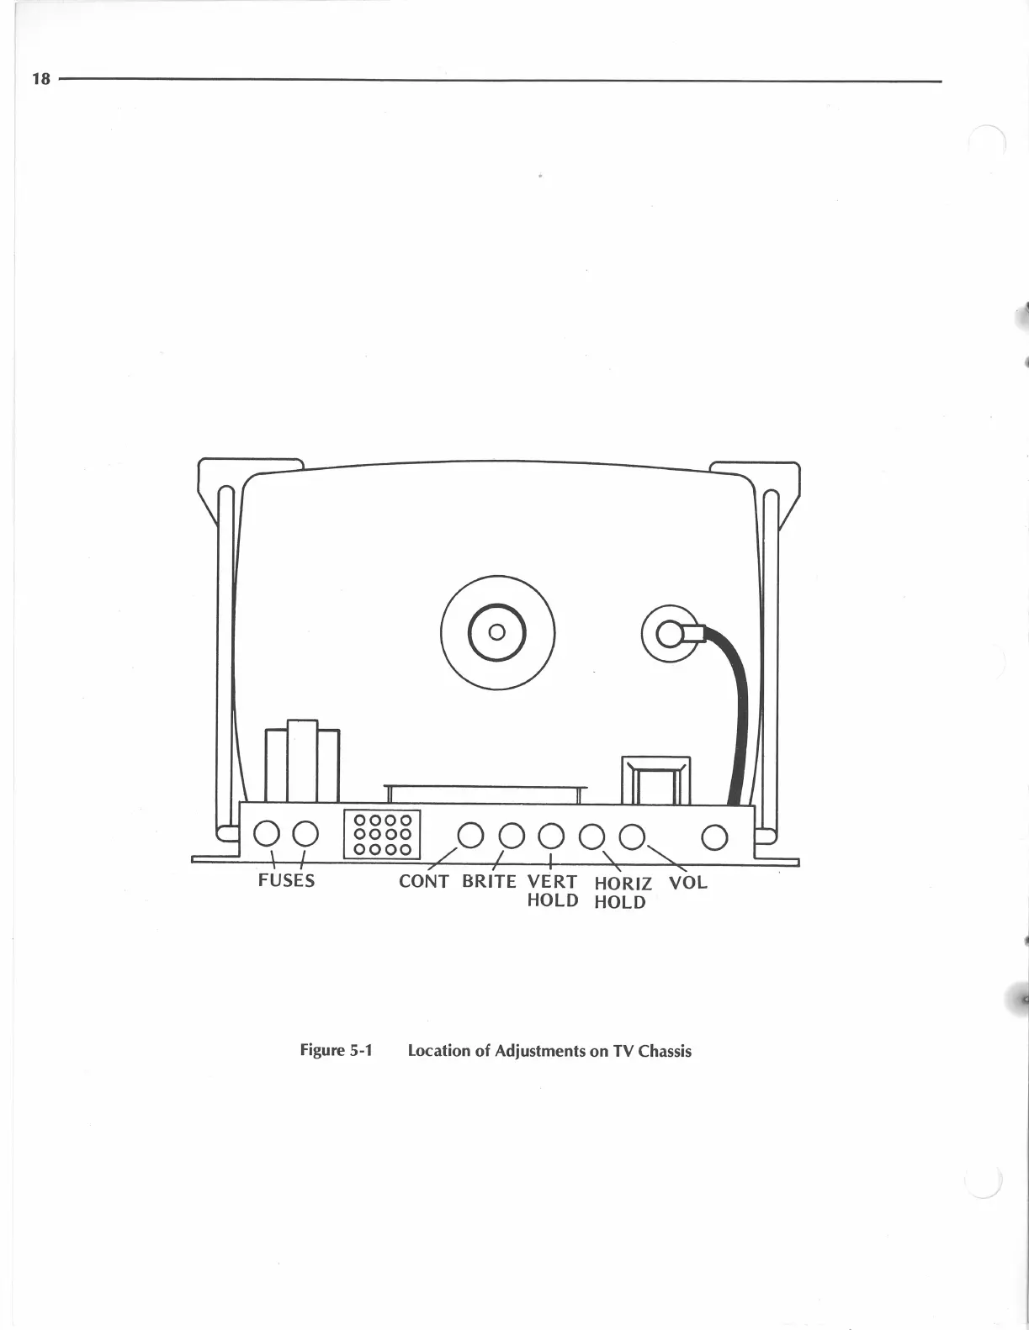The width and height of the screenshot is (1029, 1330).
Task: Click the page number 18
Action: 40,79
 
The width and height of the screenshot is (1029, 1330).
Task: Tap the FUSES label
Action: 286,881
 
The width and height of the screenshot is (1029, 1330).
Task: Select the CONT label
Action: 423,882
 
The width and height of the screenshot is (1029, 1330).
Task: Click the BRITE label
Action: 489,882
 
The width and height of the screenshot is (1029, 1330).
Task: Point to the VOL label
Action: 687,883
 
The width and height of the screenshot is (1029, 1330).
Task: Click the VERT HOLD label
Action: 552,891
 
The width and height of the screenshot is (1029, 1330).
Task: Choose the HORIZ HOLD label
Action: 622,893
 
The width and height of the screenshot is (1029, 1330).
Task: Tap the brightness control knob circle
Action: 512,836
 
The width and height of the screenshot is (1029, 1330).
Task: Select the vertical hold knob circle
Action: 551,836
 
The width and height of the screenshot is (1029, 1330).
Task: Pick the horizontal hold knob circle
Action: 592,836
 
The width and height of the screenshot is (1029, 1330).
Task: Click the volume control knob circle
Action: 631,836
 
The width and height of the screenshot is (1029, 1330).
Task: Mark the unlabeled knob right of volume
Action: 714,837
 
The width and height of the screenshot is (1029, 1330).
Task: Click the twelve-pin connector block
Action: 382,834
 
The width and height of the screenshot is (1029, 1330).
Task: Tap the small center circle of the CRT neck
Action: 496,632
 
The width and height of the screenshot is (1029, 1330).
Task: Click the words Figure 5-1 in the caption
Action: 336,1050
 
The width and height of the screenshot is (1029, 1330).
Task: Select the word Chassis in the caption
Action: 665,1051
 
